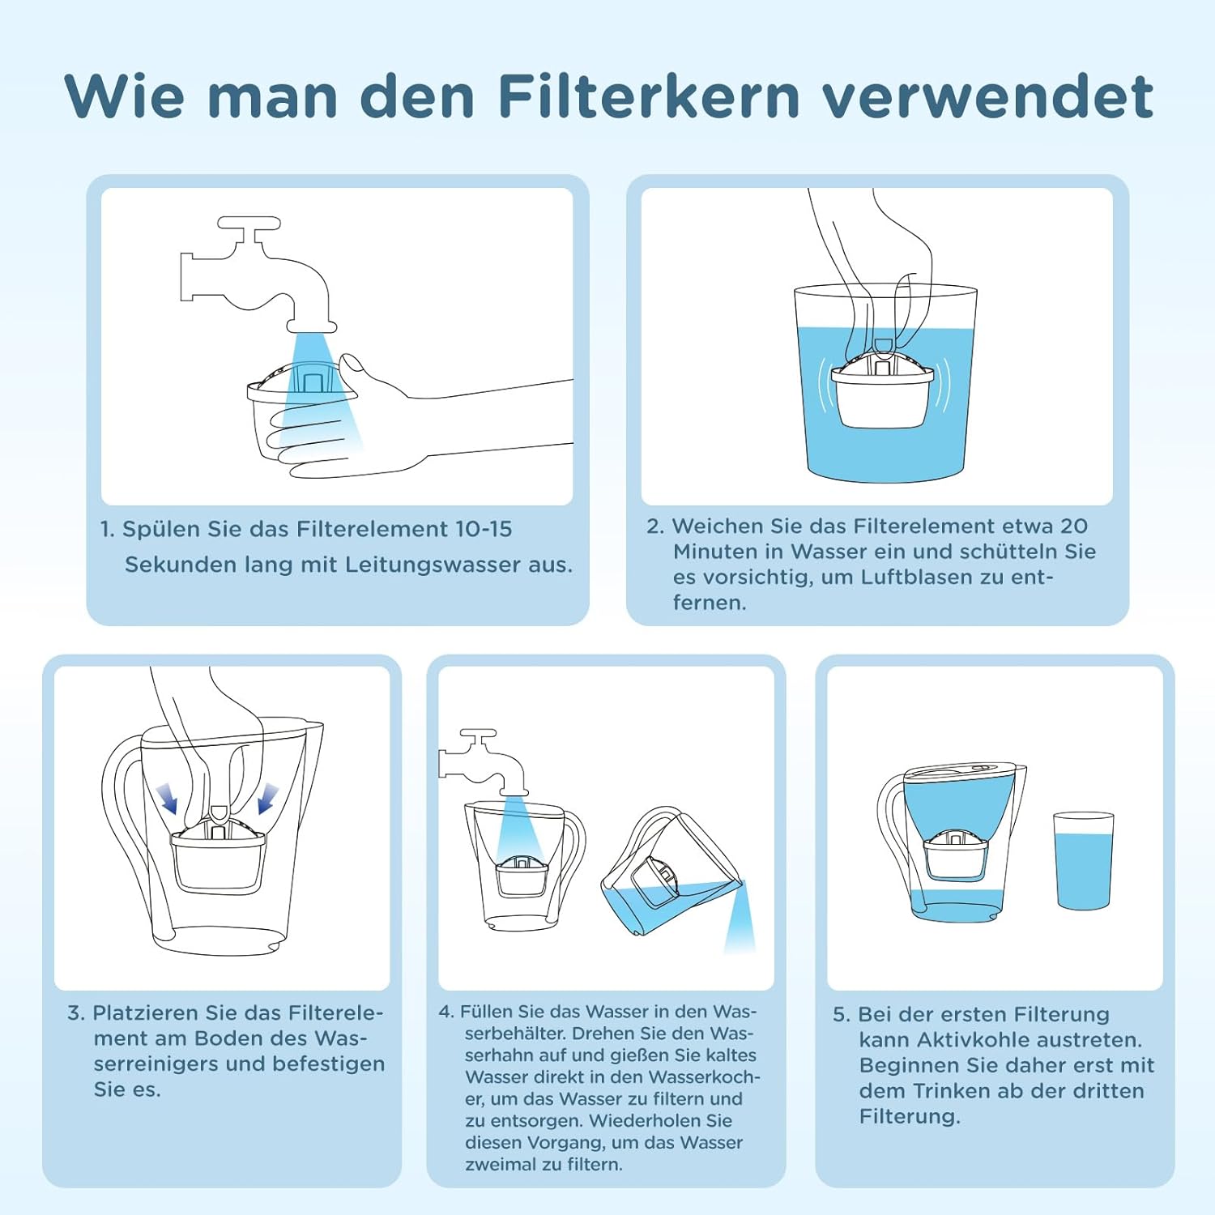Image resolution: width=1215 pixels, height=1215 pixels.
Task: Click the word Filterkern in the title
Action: click(x=648, y=97)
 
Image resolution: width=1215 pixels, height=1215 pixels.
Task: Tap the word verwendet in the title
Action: click(x=988, y=97)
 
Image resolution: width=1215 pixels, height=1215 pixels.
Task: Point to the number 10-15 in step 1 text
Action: click(x=483, y=529)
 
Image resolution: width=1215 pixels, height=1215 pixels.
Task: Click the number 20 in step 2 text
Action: click(x=1073, y=526)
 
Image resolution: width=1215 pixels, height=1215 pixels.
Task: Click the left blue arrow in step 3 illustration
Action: click(x=168, y=798)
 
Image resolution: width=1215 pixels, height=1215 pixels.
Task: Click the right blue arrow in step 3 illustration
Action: click(x=267, y=798)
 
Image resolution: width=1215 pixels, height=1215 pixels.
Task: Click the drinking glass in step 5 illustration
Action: click(x=1084, y=861)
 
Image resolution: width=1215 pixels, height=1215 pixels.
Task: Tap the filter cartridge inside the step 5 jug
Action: click(x=956, y=855)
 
